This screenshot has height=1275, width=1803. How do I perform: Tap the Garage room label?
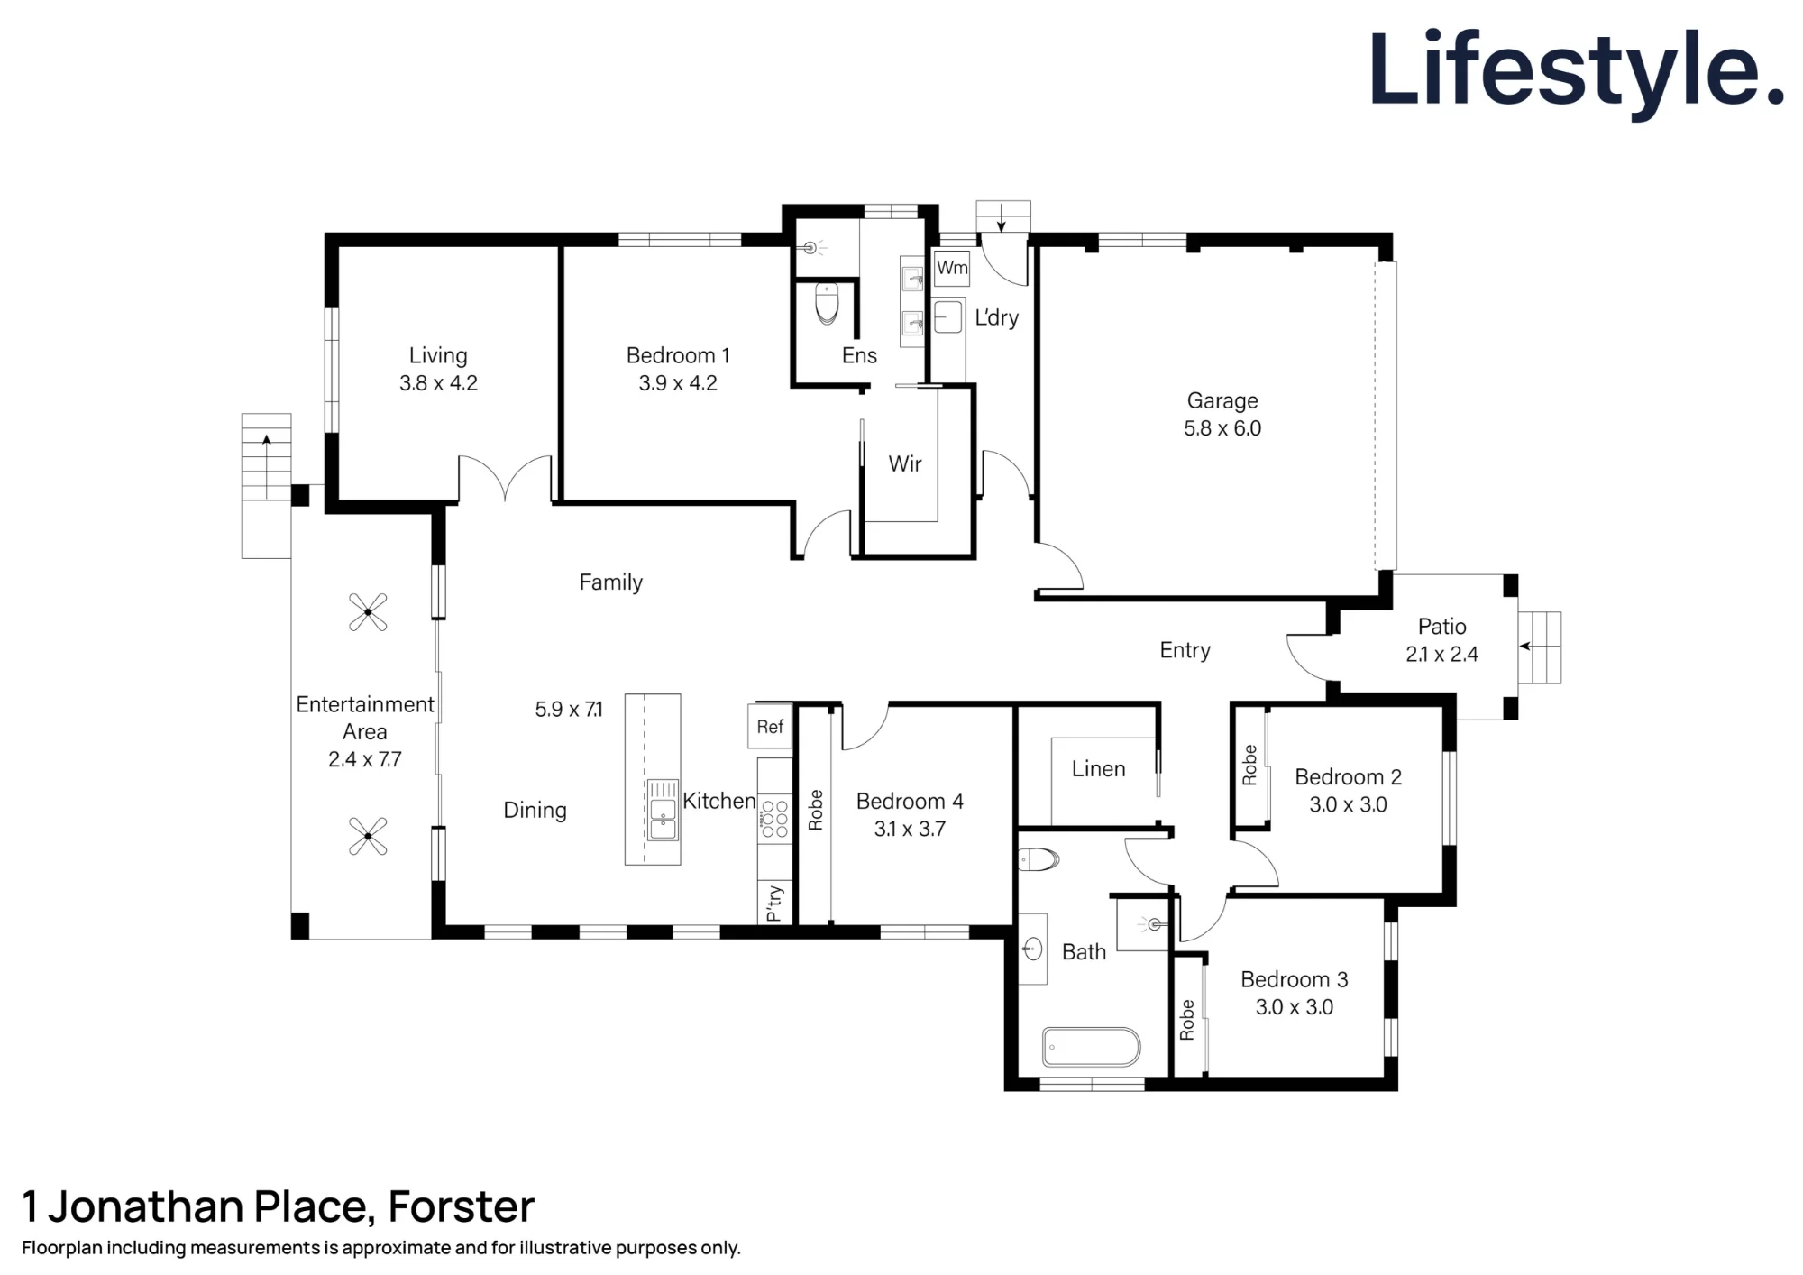tap(1222, 400)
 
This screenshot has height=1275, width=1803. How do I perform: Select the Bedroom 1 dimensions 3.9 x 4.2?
tap(678, 383)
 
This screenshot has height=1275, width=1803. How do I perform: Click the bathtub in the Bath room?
tap(1092, 1047)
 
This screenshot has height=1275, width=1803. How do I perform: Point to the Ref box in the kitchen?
tap(770, 727)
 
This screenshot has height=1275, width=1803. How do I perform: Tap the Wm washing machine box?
tap(952, 268)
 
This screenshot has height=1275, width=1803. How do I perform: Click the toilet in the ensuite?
tap(827, 304)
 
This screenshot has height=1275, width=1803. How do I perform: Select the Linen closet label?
tap(1098, 769)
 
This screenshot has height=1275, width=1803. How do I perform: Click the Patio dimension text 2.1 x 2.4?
tap(1441, 655)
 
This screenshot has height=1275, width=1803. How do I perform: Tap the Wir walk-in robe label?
tap(905, 463)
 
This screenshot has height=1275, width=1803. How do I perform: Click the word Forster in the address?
tap(462, 1206)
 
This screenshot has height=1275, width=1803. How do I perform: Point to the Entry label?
tap(1185, 650)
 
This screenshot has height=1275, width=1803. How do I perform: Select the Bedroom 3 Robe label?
tap(1187, 1020)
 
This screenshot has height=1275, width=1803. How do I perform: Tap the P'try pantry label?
tap(774, 903)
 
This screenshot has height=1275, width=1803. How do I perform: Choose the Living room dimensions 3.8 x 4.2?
tap(438, 383)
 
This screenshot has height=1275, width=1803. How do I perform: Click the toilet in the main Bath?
tap(1039, 859)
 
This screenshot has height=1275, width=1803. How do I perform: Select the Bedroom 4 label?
tap(910, 801)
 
